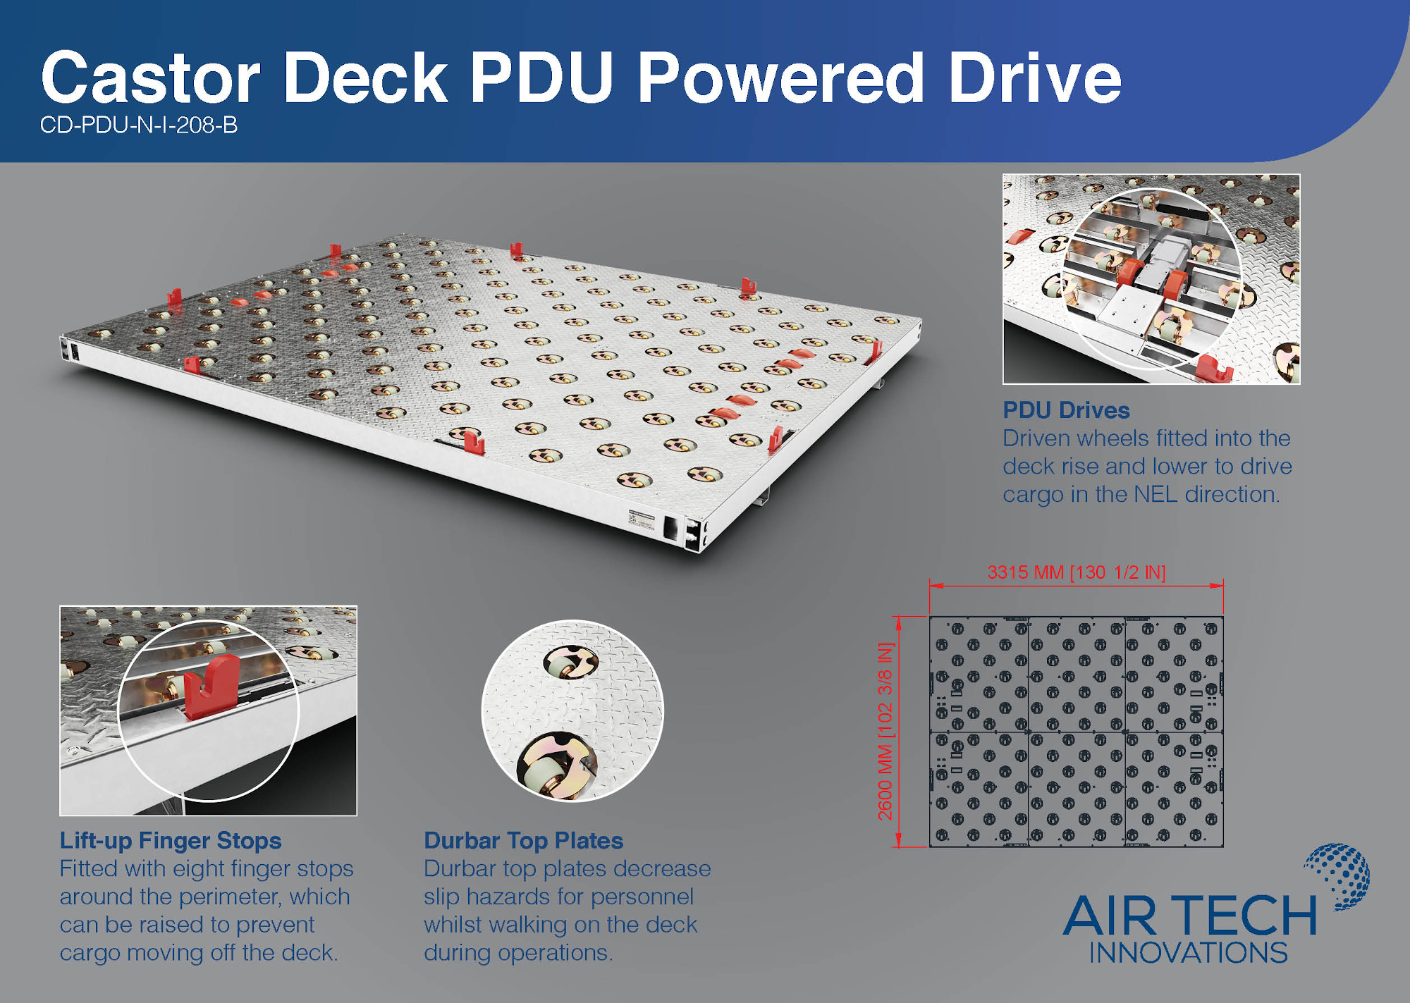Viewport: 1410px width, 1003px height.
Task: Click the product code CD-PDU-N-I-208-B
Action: (139, 125)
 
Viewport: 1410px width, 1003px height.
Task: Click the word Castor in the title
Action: (151, 78)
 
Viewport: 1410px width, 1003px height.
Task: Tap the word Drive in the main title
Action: (1035, 78)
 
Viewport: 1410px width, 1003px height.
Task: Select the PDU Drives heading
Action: (1066, 410)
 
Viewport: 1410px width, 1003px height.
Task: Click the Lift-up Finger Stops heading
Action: (171, 840)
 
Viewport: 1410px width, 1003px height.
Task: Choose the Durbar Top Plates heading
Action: (524, 840)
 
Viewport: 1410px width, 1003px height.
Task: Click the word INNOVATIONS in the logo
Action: (1189, 953)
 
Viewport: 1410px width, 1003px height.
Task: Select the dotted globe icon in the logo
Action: (1339, 876)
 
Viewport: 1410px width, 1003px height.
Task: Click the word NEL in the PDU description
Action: (1155, 495)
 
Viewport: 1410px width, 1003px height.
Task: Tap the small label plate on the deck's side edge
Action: (642, 519)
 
